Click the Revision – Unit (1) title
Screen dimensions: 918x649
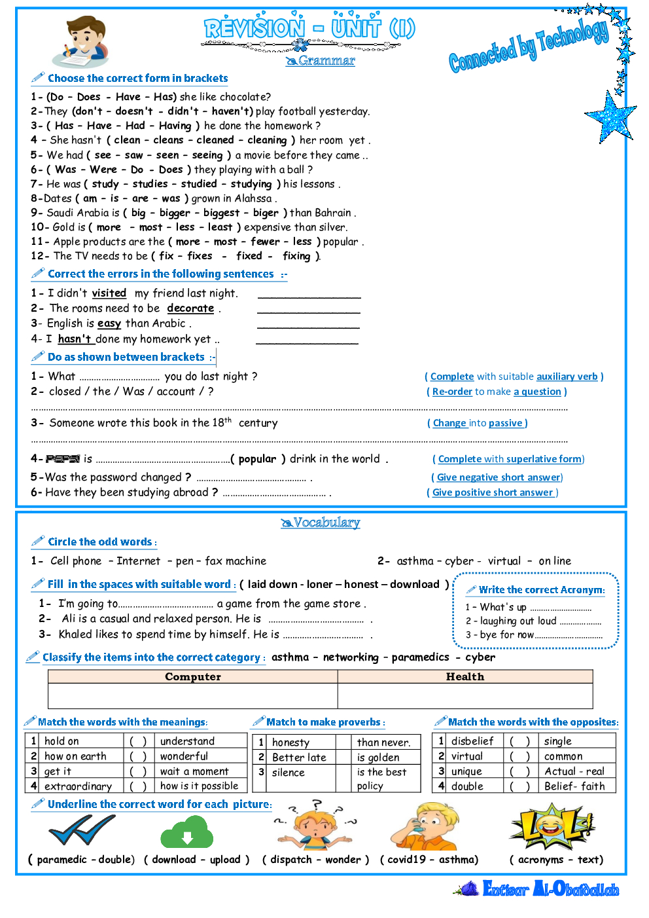point(309,29)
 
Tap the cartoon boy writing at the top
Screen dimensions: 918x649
point(80,43)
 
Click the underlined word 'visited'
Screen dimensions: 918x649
point(109,293)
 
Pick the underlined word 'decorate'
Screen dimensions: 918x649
point(190,308)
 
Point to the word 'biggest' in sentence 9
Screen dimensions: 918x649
point(221,213)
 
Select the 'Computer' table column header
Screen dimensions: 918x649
point(192,677)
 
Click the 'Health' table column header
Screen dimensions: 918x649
point(465,677)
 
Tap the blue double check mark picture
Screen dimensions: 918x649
point(82,830)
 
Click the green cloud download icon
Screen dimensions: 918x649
point(187,832)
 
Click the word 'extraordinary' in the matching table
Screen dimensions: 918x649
point(78,786)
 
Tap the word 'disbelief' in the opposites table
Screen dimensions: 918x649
point(472,741)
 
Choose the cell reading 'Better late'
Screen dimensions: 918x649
point(299,758)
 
